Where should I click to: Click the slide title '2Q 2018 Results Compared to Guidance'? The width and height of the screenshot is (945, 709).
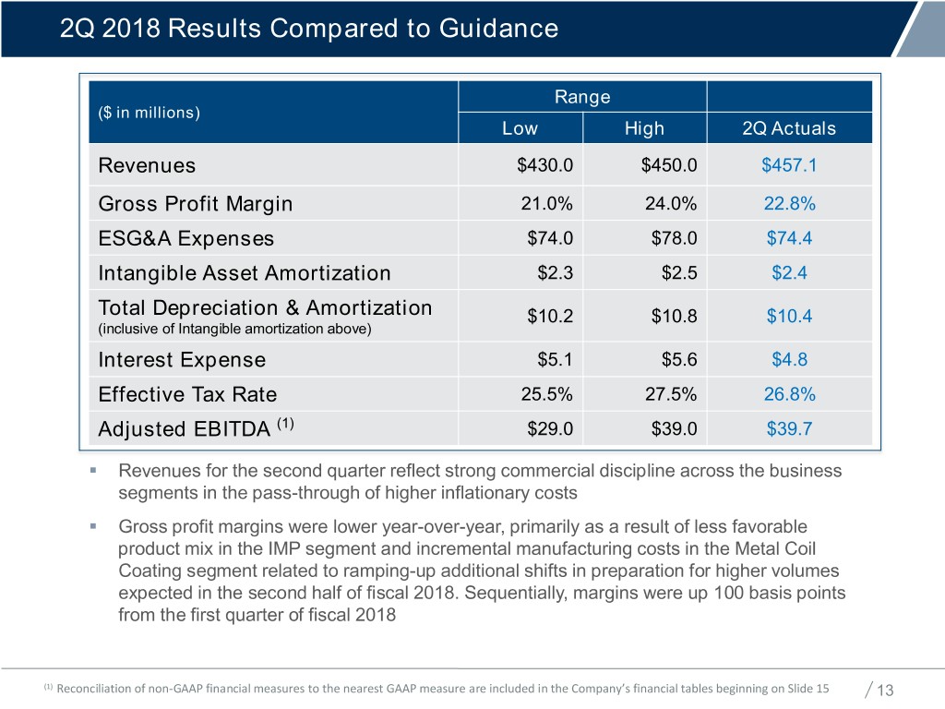308,28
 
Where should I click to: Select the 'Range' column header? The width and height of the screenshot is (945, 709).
581,97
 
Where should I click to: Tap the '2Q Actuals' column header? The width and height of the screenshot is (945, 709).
789,128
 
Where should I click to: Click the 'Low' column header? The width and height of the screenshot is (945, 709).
520,128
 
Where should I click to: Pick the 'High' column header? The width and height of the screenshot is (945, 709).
644,128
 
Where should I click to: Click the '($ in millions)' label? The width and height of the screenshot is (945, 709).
149,113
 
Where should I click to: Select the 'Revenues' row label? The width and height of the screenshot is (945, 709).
147,166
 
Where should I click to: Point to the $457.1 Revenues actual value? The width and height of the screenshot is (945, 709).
789,166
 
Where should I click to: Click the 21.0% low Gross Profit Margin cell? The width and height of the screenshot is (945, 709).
547,204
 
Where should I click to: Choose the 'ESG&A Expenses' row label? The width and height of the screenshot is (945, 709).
185,239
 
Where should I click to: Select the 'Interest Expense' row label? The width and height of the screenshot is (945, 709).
182,360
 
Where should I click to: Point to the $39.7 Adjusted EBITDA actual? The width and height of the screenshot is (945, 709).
789,430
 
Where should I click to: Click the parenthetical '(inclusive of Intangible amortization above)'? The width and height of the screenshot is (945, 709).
235,328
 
